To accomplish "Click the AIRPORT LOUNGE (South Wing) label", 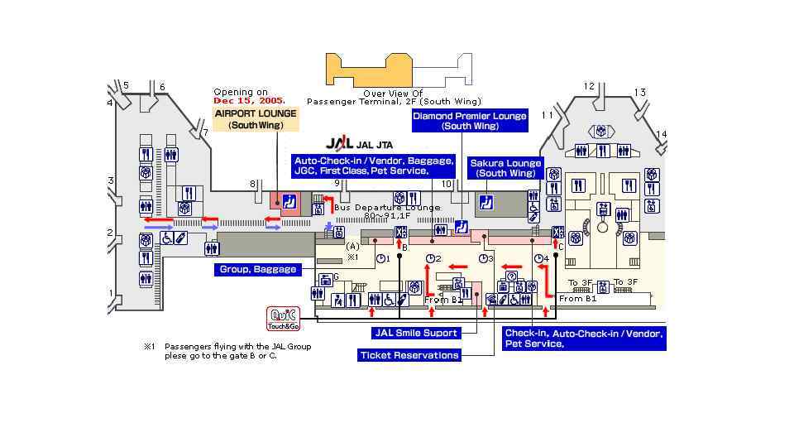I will (x=256, y=119).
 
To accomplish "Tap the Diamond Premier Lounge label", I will (x=469, y=121).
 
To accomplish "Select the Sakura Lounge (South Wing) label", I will (x=505, y=168).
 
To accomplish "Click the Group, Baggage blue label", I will (x=257, y=270).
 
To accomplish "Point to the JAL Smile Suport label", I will (x=416, y=334).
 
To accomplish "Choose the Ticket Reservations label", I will (x=409, y=355).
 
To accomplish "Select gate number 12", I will (x=589, y=86).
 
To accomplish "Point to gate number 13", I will (x=639, y=93).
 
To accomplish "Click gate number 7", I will (x=205, y=132).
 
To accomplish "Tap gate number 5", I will (x=126, y=85).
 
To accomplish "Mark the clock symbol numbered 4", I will (x=540, y=259).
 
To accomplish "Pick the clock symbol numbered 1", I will (x=381, y=259).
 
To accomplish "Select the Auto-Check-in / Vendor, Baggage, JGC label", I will (x=374, y=166).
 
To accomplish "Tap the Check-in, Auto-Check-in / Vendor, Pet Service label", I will (x=584, y=339).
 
